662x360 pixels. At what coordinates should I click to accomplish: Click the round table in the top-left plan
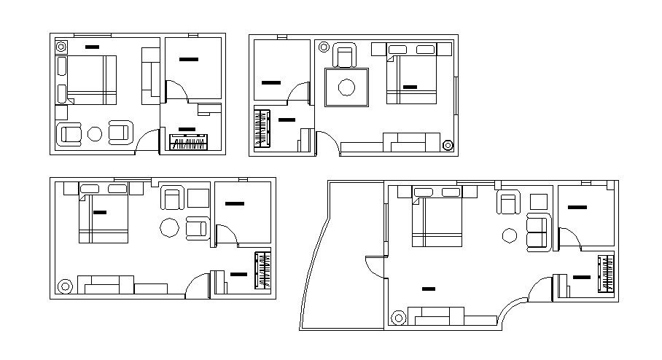click(x=95, y=133)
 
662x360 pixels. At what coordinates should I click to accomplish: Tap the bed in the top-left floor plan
click(x=87, y=79)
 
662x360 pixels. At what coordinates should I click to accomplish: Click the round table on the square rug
click(x=346, y=87)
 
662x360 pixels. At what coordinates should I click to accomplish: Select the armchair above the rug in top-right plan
click(x=345, y=55)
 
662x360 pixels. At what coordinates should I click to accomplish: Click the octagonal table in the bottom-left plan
click(x=170, y=228)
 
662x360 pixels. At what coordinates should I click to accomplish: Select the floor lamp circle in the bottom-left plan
click(x=66, y=286)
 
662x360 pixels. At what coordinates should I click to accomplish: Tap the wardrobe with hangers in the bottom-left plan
click(x=261, y=270)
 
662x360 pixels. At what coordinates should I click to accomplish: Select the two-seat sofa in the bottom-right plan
click(x=537, y=232)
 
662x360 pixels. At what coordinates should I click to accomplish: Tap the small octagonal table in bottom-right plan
click(x=510, y=235)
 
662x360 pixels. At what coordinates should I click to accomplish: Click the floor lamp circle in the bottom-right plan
click(x=398, y=318)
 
